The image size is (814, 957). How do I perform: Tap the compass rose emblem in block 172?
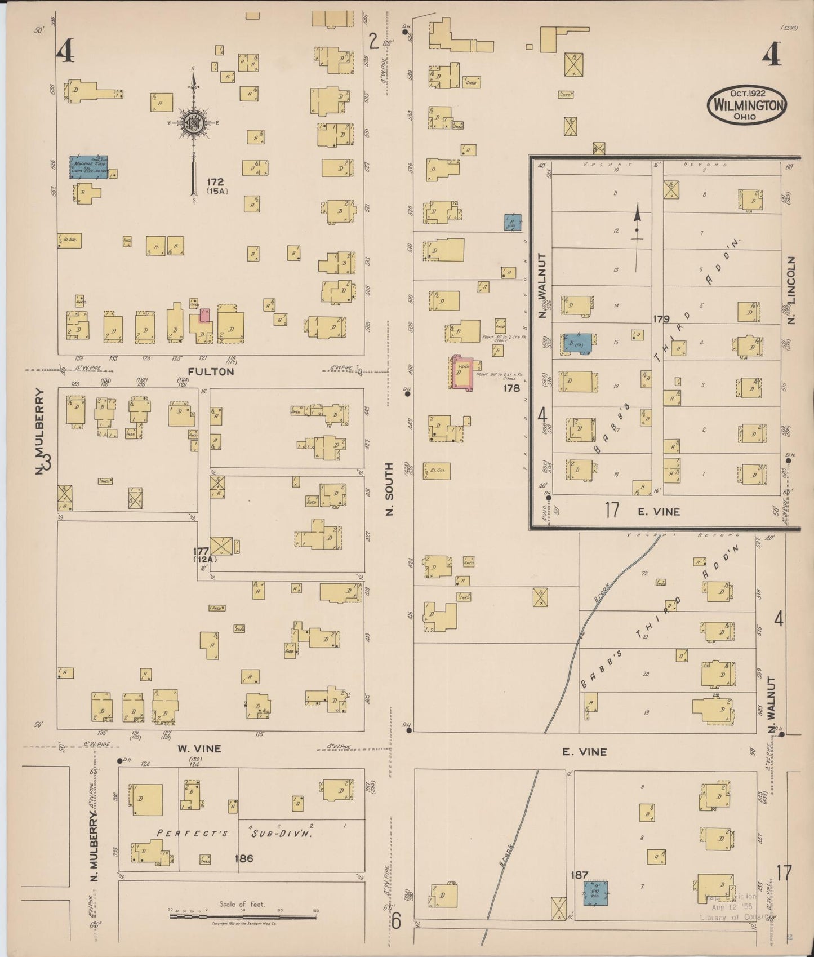pyautogui.click(x=193, y=123)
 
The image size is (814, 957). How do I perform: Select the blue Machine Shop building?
pyautogui.click(x=88, y=167)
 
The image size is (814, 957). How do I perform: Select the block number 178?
pyautogui.click(x=511, y=388)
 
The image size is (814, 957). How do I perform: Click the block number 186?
pyautogui.click(x=243, y=858)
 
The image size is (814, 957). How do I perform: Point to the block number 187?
pyautogui.click(x=579, y=875)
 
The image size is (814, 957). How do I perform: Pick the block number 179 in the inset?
pyautogui.click(x=661, y=319)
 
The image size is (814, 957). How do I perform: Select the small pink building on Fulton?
pyautogui.click(x=204, y=316)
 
